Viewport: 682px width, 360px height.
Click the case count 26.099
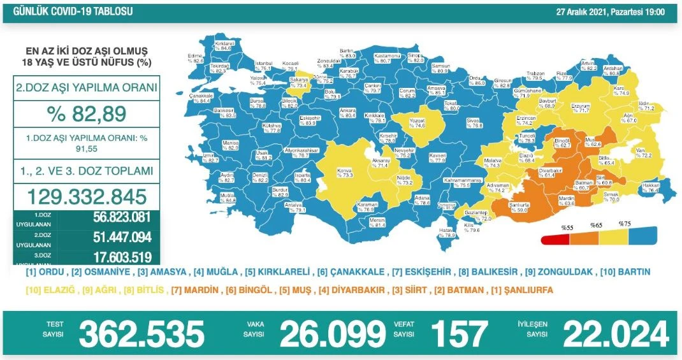coord(333,333)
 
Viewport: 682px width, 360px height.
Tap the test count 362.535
coord(141,333)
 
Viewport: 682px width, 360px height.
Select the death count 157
coord(459,333)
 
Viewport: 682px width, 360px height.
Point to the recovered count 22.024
coord(615,333)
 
